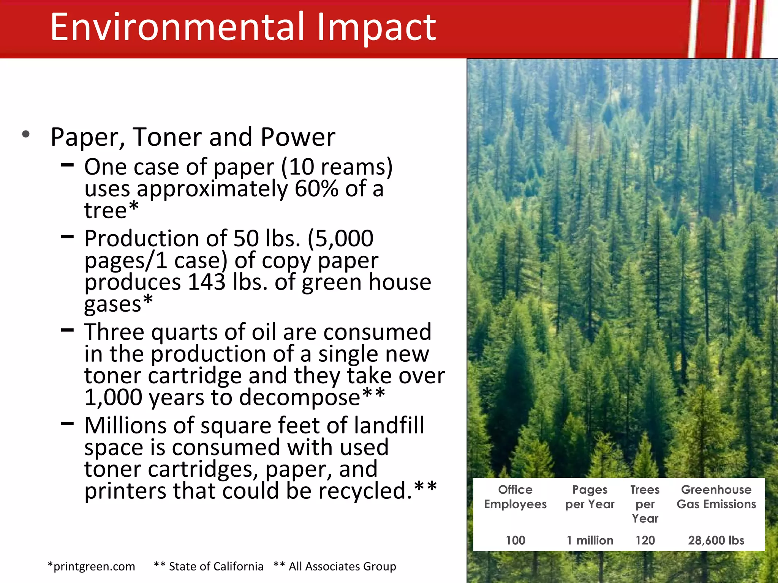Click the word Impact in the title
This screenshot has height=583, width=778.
[x=376, y=27]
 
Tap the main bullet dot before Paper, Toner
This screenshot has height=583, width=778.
[x=26, y=134]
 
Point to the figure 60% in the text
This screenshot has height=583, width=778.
[x=316, y=189]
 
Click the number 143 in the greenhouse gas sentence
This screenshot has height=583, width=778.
[x=207, y=282]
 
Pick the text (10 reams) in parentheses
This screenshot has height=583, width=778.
[x=337, y=167]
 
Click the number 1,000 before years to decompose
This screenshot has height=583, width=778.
[x=113, y=397]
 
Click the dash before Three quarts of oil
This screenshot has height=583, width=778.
[x=67, y=330]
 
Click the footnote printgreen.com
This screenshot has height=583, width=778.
[x=92, y=566]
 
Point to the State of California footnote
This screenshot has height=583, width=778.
[x=209, y=566]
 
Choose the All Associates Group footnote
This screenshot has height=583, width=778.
[x=335, y=566]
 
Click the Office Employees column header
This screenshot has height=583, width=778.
[x=515, y=497]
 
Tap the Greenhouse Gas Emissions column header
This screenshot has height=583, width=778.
[x=716, y=497]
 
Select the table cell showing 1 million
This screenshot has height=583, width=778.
[x=590, y=540]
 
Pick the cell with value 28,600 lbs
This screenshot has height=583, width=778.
[x=716, y=540]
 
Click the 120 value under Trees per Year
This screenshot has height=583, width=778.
[x=645, y=540]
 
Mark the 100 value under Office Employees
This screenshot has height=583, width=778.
[x=515, y=540]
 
